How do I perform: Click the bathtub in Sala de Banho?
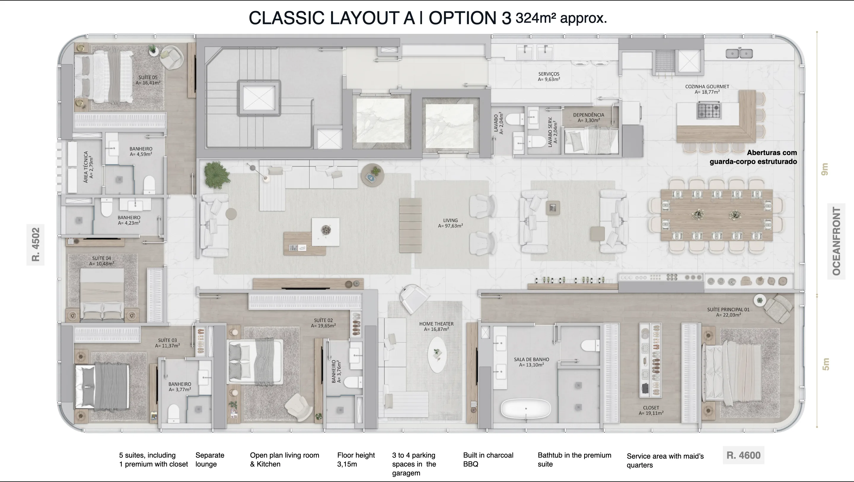[525, 409]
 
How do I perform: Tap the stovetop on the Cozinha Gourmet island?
[709, 110]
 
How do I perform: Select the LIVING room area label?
[450, 223]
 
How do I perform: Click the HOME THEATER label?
[436, 326]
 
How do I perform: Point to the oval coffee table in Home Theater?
[437, 355]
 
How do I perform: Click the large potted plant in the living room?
[216, 175]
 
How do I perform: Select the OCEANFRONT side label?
[837, 241]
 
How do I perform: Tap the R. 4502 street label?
[36, 245]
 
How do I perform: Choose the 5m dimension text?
[826, 364]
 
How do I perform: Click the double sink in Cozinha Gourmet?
[739, 53]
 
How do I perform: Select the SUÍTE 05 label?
[148, 80]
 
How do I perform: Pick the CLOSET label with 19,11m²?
[651, 410]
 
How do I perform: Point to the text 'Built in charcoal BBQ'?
[488, 459]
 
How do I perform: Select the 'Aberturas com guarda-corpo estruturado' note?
[753, 157]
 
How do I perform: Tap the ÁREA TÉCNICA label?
[88, 167]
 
